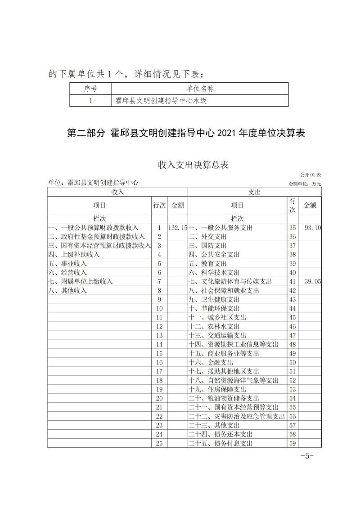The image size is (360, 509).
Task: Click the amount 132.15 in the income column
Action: click(x=177, y=228)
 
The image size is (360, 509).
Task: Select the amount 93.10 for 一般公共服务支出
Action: click(x=312, y=228)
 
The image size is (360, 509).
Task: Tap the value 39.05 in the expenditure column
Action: click(x=312, y=282)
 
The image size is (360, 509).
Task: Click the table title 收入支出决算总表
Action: click(x=193, y=165)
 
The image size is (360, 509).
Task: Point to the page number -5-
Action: click(x=306, y=455)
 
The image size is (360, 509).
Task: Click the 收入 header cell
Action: click(x=117, y=192)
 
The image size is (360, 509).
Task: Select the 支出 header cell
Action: click(x=254, y=192)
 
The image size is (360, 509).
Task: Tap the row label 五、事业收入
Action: click(x=67, y=264)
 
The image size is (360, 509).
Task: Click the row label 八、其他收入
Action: click(x=67, y=291)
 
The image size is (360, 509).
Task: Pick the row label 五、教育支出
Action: click(x=207, y=264)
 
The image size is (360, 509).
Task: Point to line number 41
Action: click(x=292, y=282)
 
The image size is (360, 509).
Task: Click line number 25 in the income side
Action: click(x=159, y=443)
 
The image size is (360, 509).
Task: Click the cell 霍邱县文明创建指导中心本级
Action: click(x=161, y=101)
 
